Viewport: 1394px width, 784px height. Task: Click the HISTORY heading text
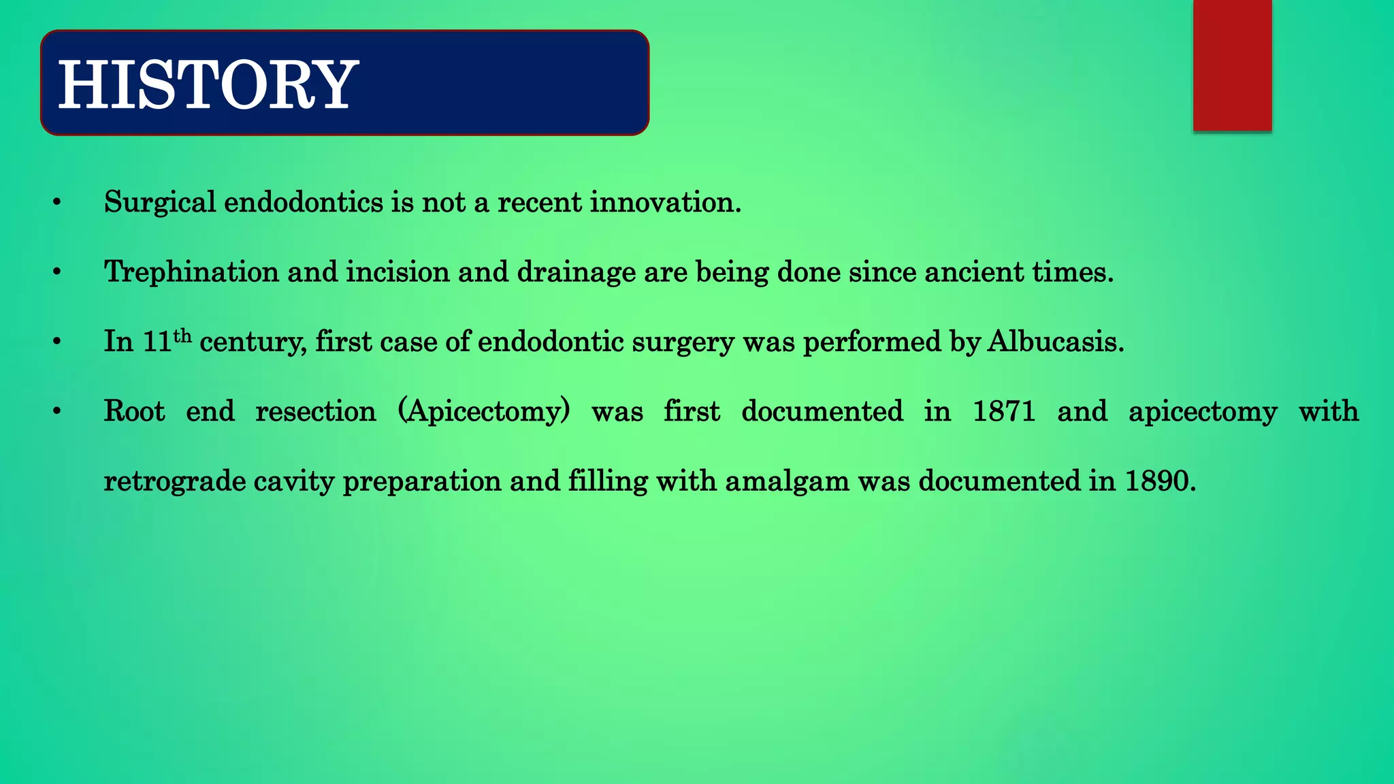tap(208, 84)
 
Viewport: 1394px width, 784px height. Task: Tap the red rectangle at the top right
tap(1232, 65)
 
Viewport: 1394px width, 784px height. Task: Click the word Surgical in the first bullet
tap(159, 203)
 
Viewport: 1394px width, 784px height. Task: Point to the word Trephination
tap(191, 272)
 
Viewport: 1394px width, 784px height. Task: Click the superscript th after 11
tap(182, 336)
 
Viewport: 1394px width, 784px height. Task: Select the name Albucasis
tap(1054, 342)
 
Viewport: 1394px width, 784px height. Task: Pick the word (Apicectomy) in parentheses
tap(484, 412)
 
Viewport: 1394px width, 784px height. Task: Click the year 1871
tap(1003, 412)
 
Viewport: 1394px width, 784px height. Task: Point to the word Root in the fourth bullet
tap(134, 412)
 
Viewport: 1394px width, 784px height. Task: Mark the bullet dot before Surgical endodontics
tap(57, 203)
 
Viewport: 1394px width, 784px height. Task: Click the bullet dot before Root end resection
tap(57, 412)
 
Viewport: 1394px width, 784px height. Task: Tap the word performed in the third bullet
tap(872, 342)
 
